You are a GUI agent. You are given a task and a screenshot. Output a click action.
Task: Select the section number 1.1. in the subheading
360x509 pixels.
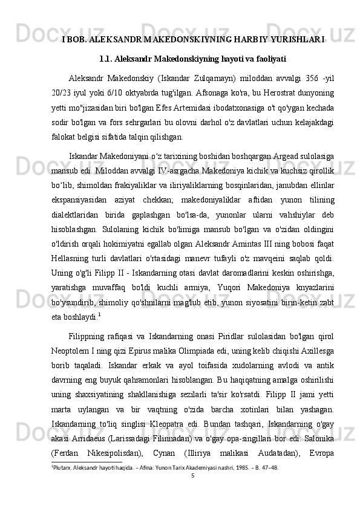tap(108, 59)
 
